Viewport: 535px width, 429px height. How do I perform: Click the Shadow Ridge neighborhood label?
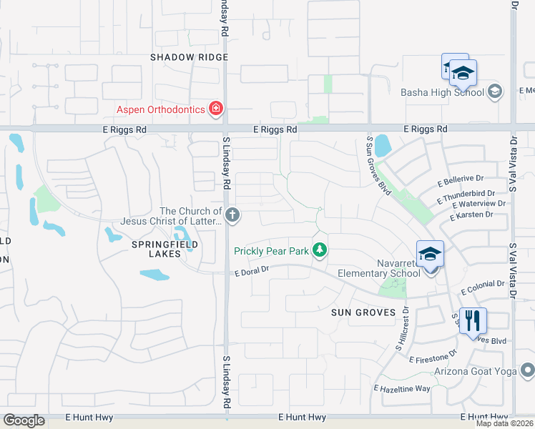(x=189, y=57)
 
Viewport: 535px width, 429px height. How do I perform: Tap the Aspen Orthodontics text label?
(x=162, y=109)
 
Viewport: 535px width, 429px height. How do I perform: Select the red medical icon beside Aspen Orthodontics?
(x=215, y=109)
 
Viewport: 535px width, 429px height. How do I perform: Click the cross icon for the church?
(x=232, y=214)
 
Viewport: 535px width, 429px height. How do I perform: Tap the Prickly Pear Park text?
(x=273, y=250)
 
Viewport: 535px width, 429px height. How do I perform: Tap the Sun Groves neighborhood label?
(x=363, y=312)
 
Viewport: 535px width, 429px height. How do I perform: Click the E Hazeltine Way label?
(x=402, y=388)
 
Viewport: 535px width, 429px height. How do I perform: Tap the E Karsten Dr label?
(x=477, y=214)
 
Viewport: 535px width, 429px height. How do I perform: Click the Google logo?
(x=24, y=420)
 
